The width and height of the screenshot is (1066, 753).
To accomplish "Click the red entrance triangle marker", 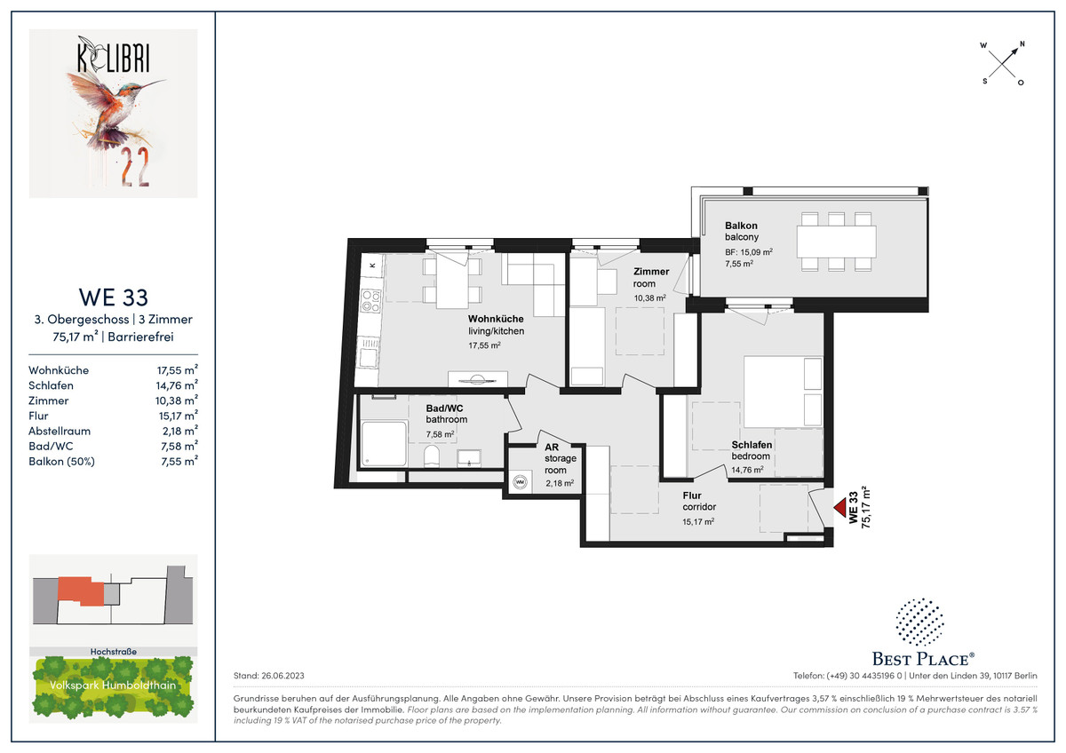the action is click(840, 509).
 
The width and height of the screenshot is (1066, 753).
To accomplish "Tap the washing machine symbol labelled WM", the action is click(520, 482).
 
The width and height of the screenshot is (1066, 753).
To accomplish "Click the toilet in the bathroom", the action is click(432, 457).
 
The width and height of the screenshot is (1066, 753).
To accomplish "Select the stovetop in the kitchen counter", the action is click(371, 301).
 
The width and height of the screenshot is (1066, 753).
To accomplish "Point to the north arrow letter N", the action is click(1022, 44).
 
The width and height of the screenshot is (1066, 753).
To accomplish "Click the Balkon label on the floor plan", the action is click(741, 226).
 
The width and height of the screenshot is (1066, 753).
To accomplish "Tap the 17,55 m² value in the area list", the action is click(177, 370).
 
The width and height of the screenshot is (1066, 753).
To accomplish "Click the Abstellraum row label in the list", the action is click(60, 431).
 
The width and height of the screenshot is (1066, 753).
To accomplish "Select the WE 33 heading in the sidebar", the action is click(114, 297).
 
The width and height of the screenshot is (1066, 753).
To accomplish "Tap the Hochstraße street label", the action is click(114, 652).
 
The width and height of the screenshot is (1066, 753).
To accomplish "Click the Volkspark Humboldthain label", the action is click(113, 685).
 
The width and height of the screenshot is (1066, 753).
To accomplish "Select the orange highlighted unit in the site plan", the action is click(80, 591).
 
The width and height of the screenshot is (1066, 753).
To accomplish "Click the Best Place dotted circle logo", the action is click(919, 622).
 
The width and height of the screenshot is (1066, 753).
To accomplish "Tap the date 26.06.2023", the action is click(282, 676).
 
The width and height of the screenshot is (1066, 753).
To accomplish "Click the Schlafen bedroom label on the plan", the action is click(752, 445).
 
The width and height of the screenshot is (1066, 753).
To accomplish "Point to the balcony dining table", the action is click(836, 242).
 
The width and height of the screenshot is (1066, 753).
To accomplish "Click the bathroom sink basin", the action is click(469, 459).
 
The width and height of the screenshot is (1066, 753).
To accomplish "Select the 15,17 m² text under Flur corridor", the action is click(698, 521).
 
